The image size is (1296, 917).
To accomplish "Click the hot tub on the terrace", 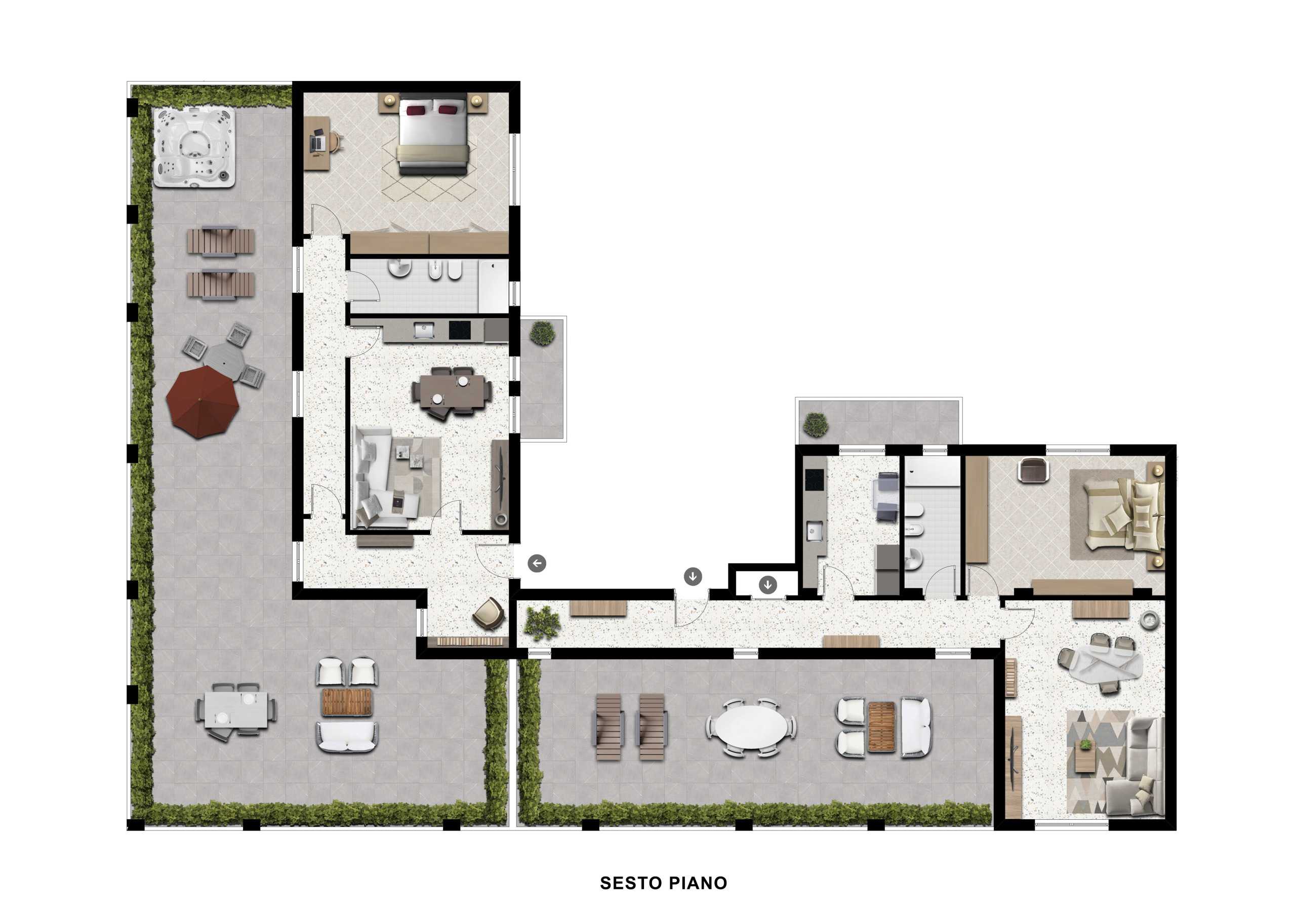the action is point(194,147).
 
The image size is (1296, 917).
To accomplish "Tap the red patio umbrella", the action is point(202,402).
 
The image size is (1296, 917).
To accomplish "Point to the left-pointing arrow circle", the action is point(537,563).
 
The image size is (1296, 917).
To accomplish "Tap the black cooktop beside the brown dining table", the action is point(460,330).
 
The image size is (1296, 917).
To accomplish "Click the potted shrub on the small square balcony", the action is point(542,333).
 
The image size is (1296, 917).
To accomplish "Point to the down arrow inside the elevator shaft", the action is point(767,585).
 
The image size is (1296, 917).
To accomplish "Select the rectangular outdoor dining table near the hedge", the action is point(236,710).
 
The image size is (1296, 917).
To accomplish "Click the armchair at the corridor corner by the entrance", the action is point(488,614).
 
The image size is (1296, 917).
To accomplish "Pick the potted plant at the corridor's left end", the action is point(542,623).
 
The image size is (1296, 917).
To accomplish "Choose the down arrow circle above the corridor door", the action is point(693,577).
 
